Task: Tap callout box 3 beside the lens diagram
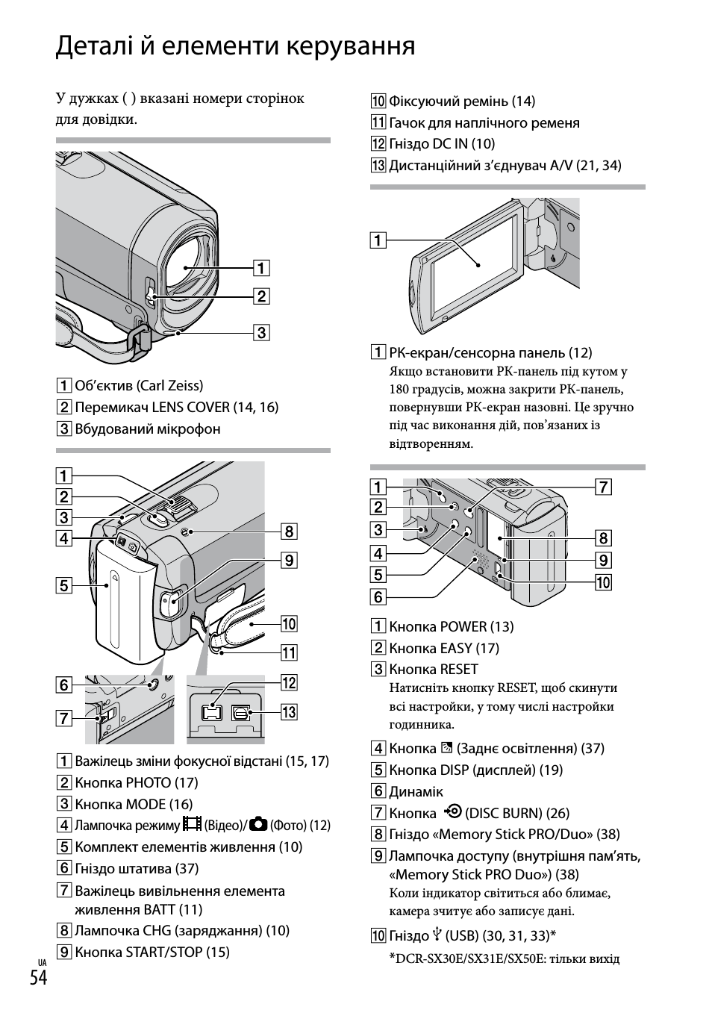(261, 332)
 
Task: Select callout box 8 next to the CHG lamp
(289, 532)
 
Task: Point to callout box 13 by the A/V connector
(289, 712)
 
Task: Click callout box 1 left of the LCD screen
(378, 240)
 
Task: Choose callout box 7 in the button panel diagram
(603, 487)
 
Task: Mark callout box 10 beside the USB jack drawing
(603, 582)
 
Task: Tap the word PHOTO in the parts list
(148, 782)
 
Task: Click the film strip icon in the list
(193, 824)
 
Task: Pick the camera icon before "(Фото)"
(259, 824)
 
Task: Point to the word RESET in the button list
(459, 670)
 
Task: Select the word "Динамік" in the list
(416, 791)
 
